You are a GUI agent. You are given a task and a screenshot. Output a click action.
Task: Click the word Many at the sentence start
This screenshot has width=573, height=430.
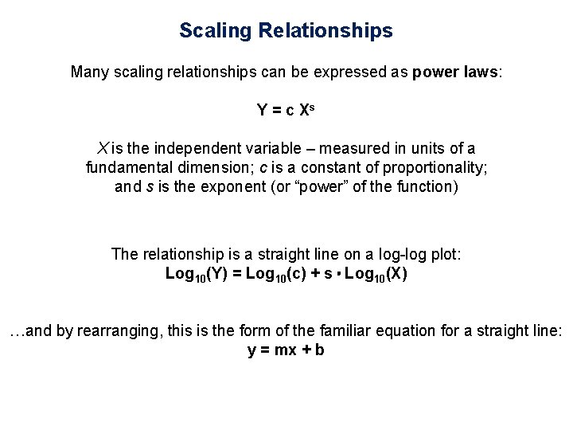[90, 72]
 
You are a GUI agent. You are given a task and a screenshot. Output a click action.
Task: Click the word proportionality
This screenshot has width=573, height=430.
[441, 169]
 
